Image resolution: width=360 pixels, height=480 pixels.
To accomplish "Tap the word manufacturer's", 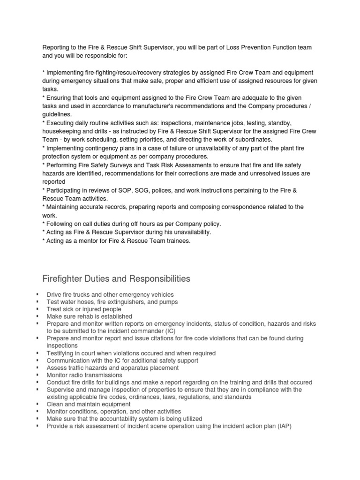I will pyautogui.click(x=167, y=105).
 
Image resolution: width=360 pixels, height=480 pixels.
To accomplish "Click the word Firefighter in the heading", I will pyautogui.click(x=64, y=279).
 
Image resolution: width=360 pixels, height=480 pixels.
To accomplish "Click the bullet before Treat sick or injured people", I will pyautogui.click(x=37, y=309).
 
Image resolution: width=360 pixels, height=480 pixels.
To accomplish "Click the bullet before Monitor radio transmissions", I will pyautogui.click(x=37, y=375).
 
